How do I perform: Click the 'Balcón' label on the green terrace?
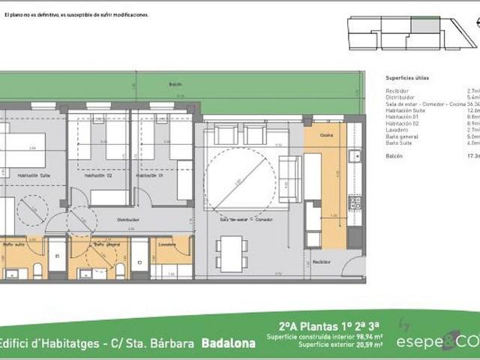coord(175,85)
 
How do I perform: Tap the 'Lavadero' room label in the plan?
coord(166,244)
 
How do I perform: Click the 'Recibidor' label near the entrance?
coord(322,262)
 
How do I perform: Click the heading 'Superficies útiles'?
coord(406,77)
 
